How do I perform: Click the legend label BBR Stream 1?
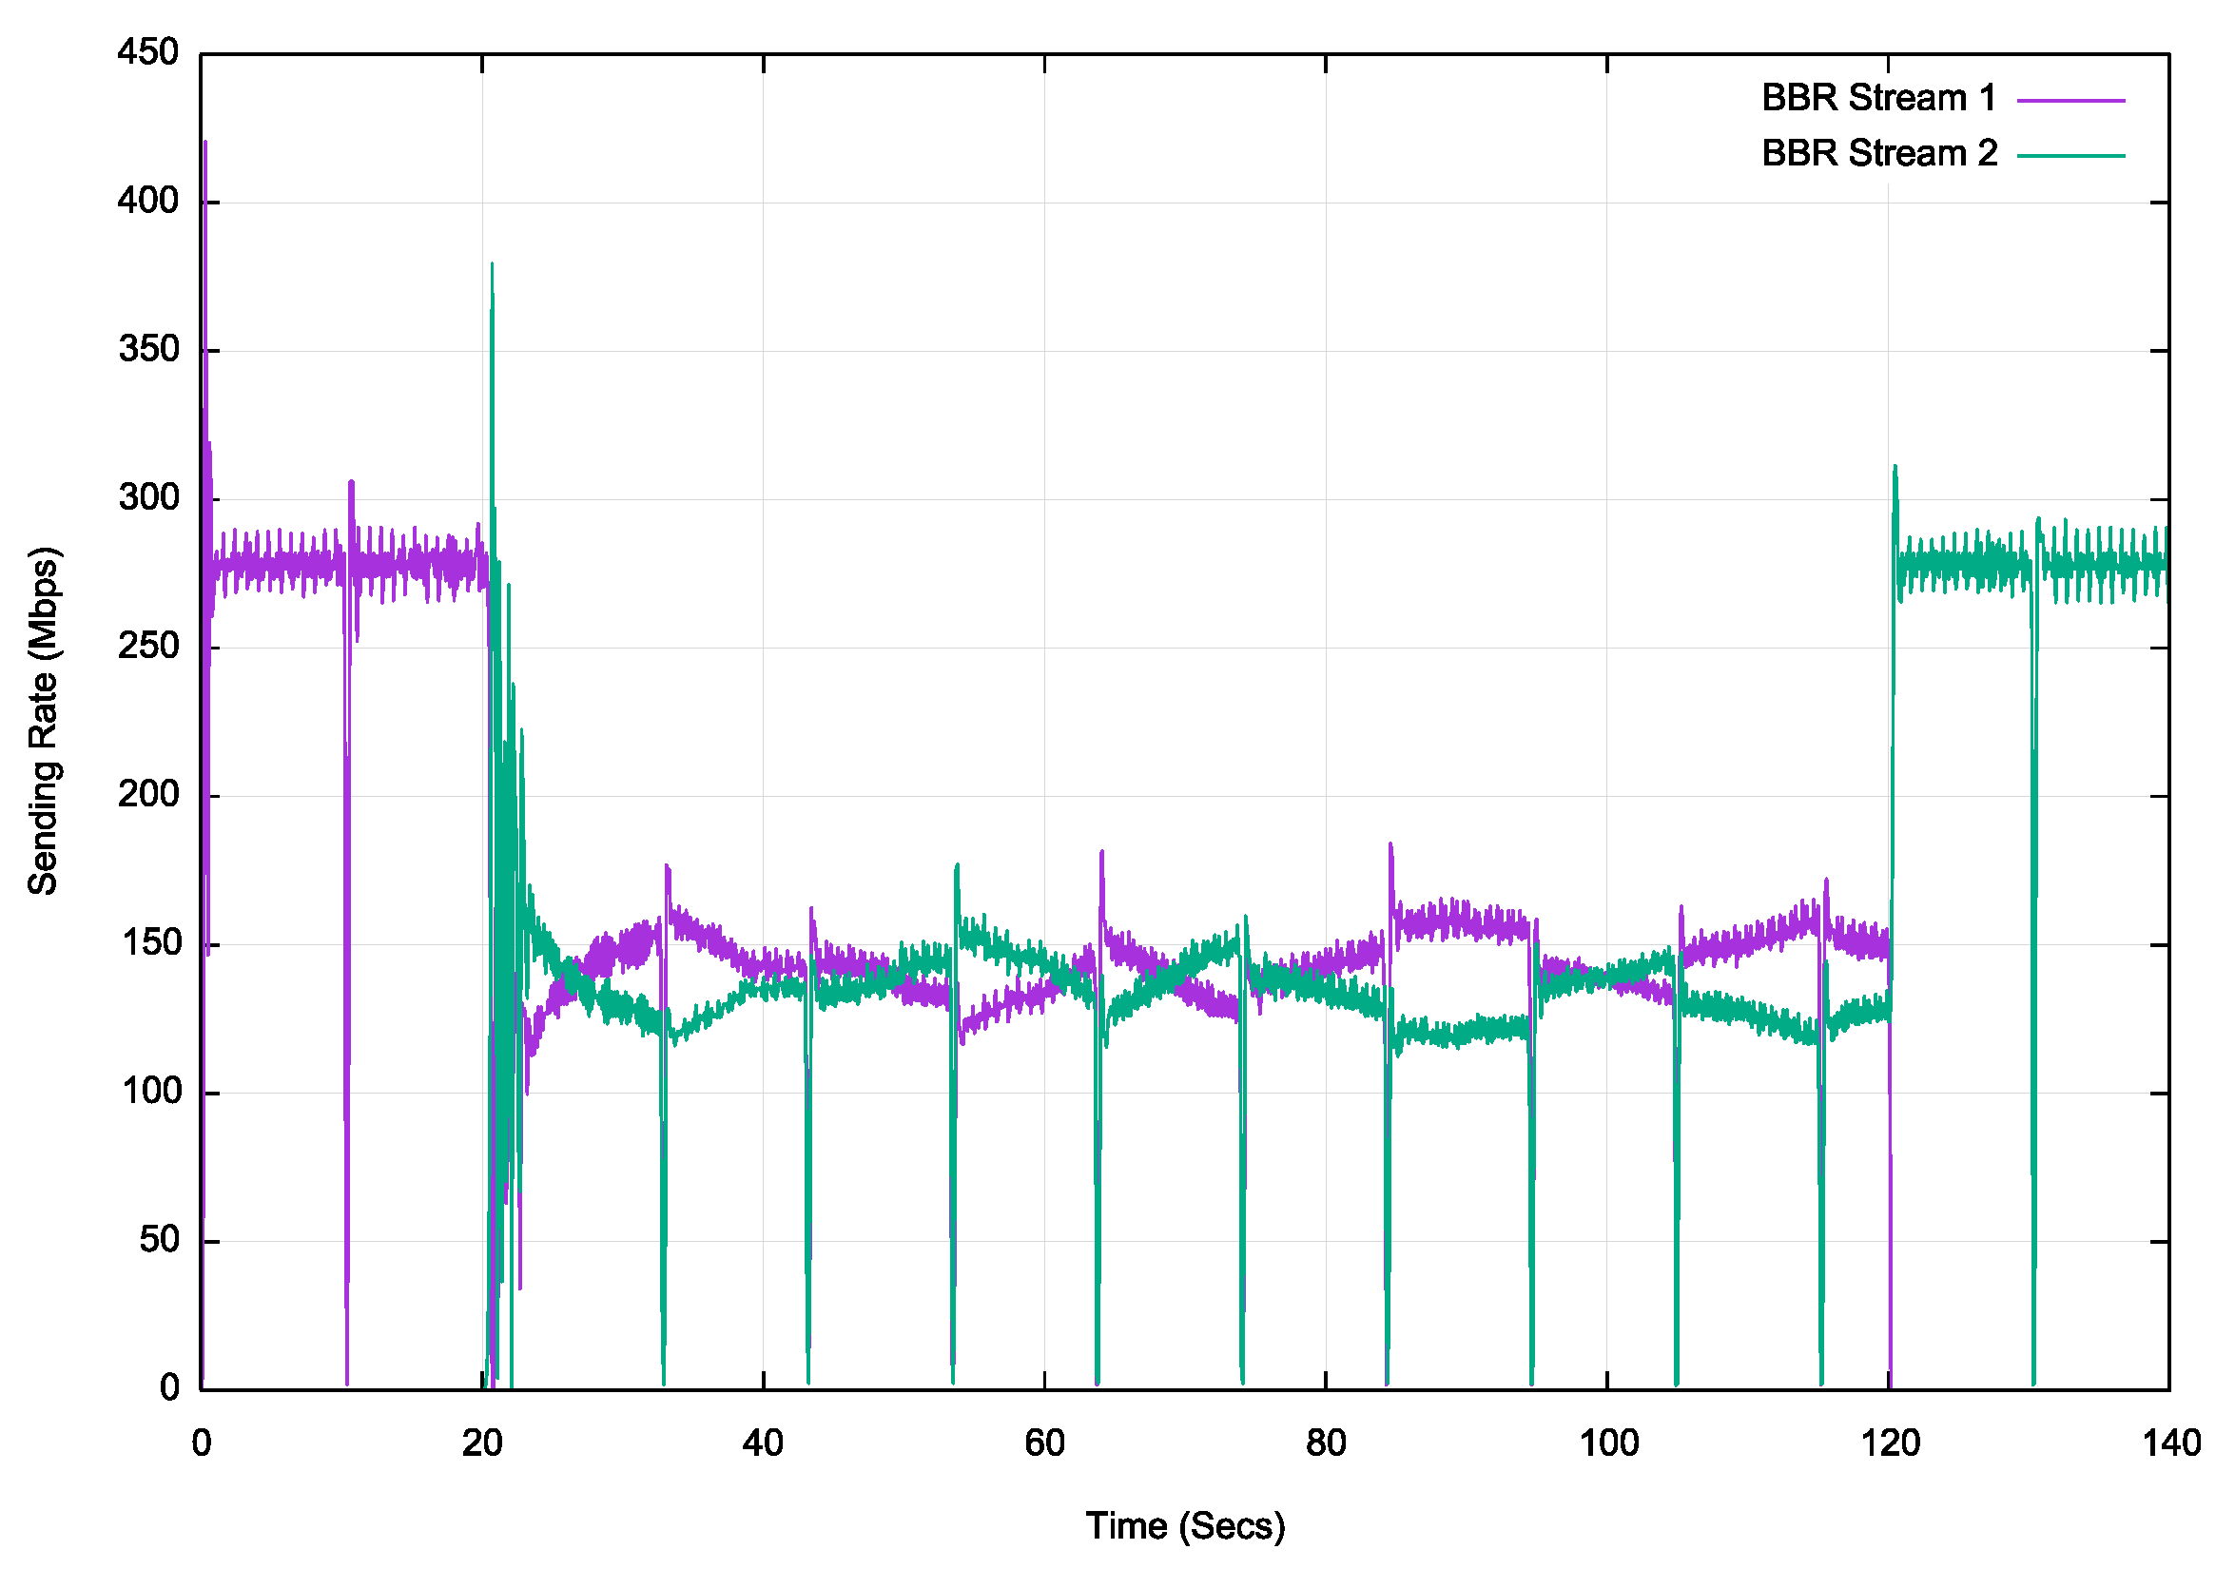tap(1877, 98)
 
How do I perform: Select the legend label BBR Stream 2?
tap(1877, 154)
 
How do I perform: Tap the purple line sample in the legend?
tap(2070, 100)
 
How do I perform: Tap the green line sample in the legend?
tap(2070, 156)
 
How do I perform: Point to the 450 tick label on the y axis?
tap(148, 52)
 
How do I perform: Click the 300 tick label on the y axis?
tap(148, 498)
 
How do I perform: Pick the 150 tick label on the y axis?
tap(148, 943)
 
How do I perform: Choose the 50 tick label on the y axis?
tap(159, 1240)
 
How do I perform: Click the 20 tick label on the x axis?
tap(482, 1443)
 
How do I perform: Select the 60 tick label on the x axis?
tap(1044, 1443)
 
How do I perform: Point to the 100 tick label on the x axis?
tap(1607, 1443)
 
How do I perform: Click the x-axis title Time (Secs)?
tap(1185, 1526)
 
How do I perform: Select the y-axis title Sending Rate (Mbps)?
tap(44, 720)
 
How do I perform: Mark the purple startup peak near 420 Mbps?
tap(205, 143)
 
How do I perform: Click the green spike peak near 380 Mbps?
tap(493, 264)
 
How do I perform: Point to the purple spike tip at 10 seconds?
tap(351, 482)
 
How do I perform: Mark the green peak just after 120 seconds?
tap(1895, 467)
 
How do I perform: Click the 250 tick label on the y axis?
tap(148, 647)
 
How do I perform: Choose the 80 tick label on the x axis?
tap(1326, 1443)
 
